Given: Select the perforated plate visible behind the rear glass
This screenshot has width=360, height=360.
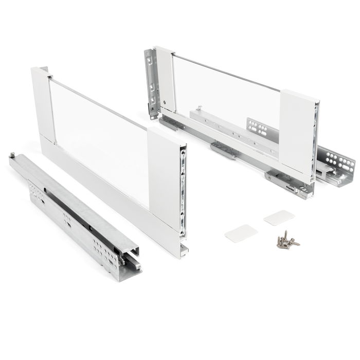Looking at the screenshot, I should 260,128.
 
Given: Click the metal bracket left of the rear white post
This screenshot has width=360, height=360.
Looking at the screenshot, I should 150,82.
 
